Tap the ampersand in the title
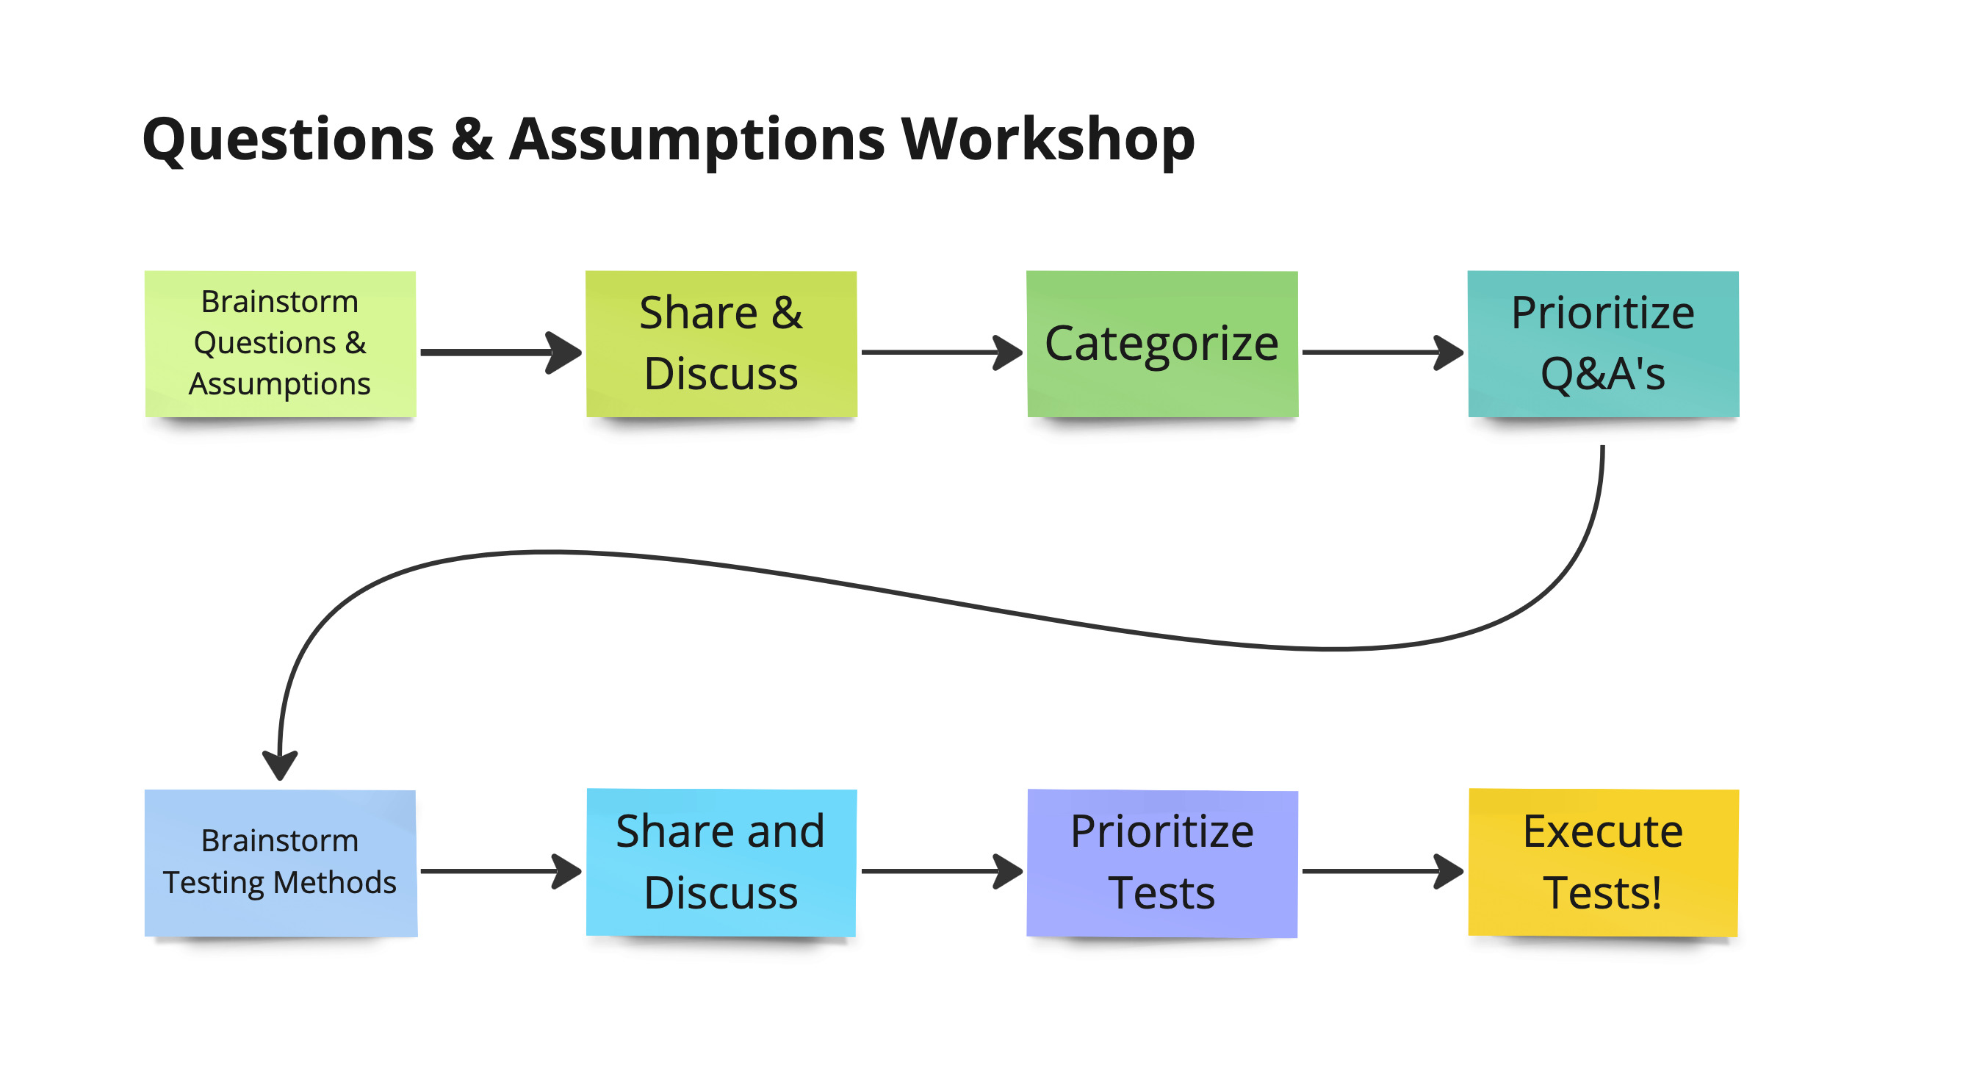point(472,140)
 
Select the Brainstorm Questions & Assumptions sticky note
point(281,344)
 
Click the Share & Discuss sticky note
point(721,344)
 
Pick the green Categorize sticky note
point(1162,344)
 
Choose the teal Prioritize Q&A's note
point(1604,344)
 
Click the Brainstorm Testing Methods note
point(281,863)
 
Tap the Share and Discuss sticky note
point(721,863)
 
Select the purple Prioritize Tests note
point(1162,863)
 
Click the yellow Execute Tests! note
point(1604,863)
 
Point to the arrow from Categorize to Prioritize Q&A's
point(1383,352)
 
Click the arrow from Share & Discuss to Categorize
point(943,352)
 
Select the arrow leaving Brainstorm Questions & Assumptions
point(502,352)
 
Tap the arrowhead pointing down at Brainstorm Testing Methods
point(280,766)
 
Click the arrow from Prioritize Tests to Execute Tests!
point(1383,871)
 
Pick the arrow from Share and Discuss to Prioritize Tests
point(943,871)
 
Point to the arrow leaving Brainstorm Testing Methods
point(502,871)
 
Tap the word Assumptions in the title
point(697,141)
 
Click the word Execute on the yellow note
point(1603,832)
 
